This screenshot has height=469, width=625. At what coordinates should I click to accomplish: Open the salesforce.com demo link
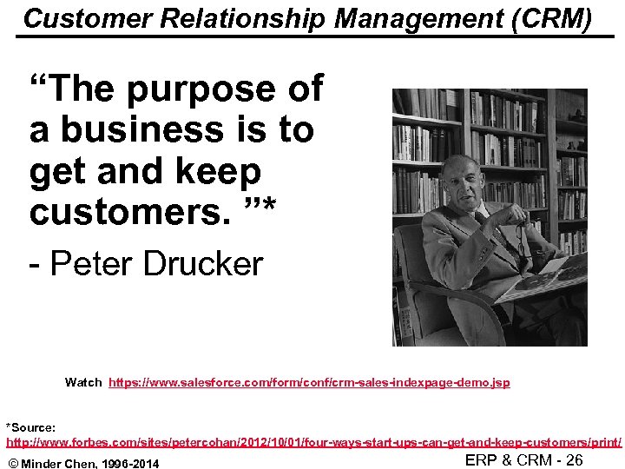pos(309,382)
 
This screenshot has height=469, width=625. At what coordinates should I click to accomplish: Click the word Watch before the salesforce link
pos(83,382)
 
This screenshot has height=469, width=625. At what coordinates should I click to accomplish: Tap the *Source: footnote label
pos(31,427)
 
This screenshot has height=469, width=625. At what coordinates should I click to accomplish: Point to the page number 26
pos(574,460)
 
